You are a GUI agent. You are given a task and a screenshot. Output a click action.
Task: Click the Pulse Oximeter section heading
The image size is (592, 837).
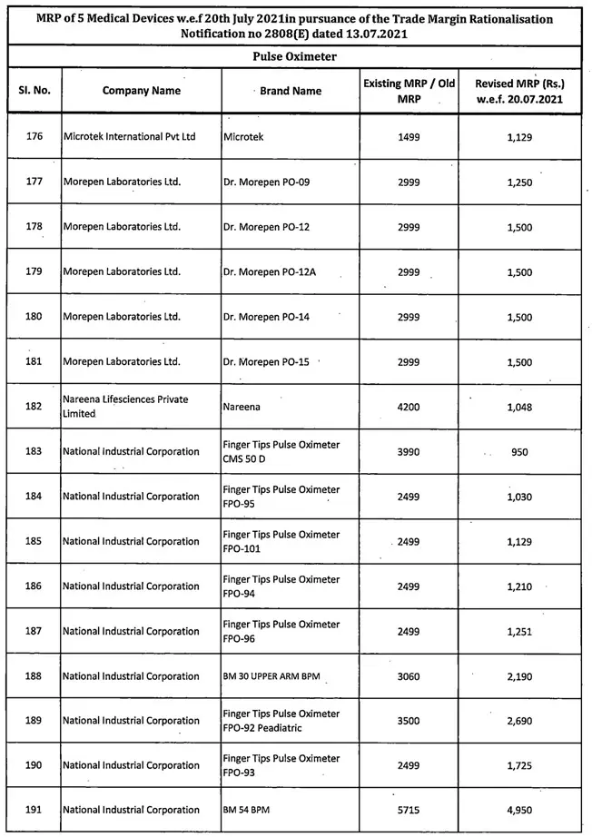[295, 56]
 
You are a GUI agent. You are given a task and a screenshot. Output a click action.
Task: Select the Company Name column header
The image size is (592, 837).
[141, 91]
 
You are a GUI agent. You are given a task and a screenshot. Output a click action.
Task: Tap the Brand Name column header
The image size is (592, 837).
[291, 91]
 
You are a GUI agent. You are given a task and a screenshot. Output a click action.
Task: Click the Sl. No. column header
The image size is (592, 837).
[35, 91]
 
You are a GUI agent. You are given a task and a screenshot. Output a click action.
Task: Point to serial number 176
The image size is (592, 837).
[35, 136]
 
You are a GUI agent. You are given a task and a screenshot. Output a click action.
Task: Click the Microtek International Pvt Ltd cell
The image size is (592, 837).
[130, 136]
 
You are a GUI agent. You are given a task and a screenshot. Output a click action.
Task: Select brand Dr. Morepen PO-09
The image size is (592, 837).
[266, 182]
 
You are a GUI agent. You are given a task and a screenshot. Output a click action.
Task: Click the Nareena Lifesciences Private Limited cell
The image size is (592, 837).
[123, 407]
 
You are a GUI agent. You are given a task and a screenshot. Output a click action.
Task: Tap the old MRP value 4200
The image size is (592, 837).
[409, 407]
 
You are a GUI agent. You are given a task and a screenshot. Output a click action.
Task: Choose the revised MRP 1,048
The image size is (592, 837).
[519, 407]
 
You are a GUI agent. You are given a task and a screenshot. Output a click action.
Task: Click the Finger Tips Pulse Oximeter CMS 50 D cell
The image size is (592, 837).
[281, 451]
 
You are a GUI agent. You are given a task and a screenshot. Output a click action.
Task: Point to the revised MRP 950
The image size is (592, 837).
[519, 451]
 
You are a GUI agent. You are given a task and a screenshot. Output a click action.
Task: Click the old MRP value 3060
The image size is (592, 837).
[409, 676]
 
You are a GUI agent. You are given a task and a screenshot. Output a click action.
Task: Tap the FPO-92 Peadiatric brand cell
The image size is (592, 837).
[281, 721]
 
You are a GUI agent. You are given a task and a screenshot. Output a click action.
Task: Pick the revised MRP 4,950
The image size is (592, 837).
[519, 811]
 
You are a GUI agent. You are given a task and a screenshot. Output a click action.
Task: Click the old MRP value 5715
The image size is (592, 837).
[409, 811]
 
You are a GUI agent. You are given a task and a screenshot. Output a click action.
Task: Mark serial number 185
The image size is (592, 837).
[35, 541]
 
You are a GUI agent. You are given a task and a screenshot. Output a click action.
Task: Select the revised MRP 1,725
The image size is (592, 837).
[519, 766]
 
